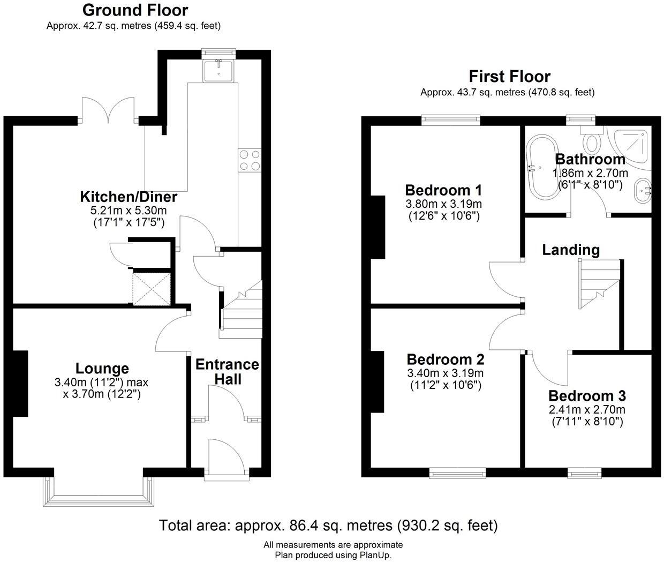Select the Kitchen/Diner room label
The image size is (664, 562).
coord(129,197)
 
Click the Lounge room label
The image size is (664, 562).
coord(102,369)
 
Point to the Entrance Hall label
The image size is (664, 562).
coord(227,372)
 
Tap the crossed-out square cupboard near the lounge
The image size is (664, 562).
coord(152,289)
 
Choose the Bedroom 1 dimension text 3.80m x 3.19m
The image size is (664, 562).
coord(443,204)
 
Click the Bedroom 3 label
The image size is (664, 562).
coord(587,396)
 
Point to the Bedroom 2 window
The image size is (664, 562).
coord(458,472)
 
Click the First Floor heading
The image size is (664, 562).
coord(509,77)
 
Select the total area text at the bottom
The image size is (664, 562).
coord(328,525)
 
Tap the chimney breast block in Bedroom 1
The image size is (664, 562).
coord(378,227)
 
